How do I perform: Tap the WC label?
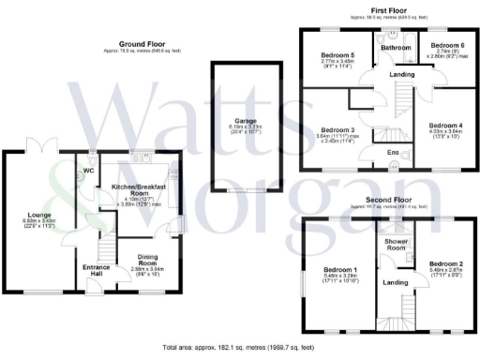click(88, 171)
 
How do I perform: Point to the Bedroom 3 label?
click(337, 130)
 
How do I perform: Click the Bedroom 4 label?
click(445, 126)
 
